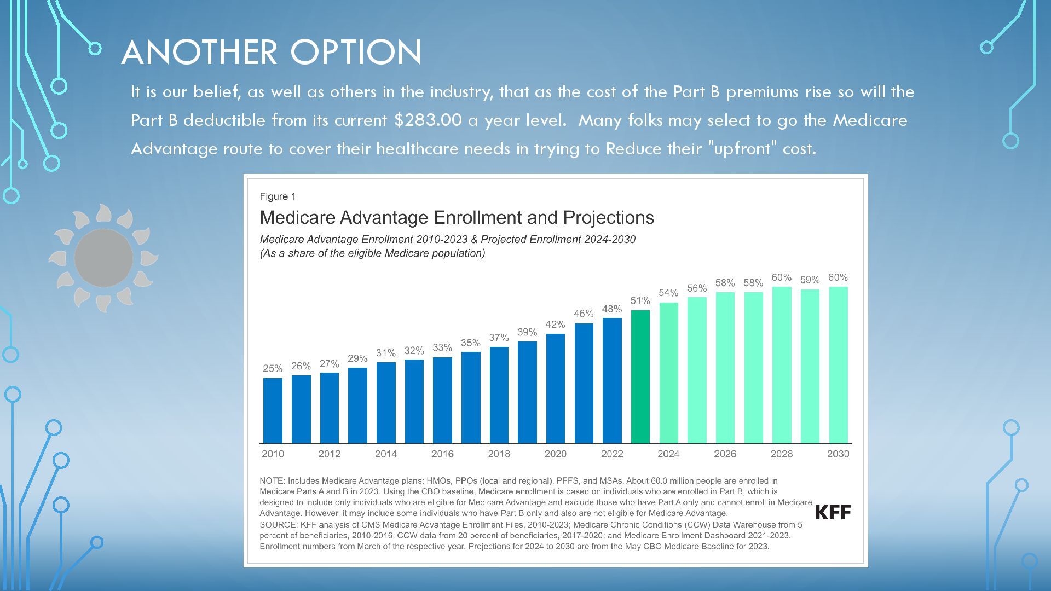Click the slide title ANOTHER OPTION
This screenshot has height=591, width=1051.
272,53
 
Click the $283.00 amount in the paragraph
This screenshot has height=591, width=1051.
428,120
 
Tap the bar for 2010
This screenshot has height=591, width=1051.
273,410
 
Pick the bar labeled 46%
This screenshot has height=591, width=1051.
584,383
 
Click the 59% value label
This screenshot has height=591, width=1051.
810,280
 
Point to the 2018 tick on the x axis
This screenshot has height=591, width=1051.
499,454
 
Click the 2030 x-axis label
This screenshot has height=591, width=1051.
838,454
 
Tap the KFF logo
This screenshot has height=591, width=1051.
833,512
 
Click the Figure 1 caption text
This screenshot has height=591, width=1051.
278,196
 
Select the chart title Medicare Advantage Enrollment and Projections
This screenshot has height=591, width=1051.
457,218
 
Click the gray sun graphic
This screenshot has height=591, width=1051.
103,258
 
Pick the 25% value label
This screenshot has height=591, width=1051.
273,368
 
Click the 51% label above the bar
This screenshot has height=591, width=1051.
640,300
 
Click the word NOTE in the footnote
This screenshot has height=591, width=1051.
272,481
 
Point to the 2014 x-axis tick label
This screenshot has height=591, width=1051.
385,454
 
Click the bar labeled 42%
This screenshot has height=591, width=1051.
555,389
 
